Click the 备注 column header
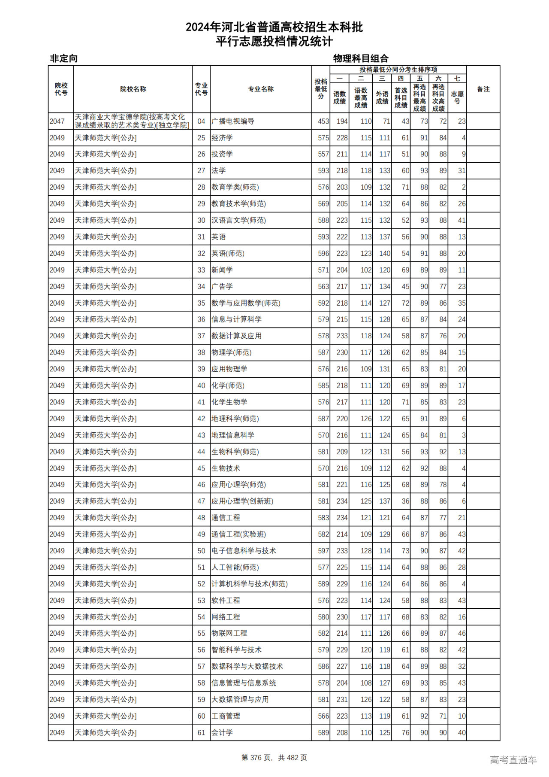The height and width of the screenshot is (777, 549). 483,89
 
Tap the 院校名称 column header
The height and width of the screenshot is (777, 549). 133,89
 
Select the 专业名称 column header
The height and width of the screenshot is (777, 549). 260,89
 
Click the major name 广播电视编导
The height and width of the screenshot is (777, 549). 233,121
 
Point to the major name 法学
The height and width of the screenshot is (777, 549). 218,171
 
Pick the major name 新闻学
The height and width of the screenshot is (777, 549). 222,270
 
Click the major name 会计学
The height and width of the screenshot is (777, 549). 222,733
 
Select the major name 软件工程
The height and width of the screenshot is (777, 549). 226,601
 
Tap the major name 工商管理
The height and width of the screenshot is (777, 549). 226,716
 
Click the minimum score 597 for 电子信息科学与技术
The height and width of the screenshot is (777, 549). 323,551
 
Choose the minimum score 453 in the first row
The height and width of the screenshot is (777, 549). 323,121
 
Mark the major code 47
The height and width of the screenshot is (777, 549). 201,501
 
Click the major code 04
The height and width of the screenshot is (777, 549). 201,121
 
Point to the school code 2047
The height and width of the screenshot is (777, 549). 57,121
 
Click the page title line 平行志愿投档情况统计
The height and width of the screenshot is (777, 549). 274,42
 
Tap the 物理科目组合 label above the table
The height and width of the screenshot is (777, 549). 361,58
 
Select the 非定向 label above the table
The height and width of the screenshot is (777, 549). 64,58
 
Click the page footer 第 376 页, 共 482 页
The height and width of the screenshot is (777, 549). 274,758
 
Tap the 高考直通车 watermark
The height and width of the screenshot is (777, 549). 513,760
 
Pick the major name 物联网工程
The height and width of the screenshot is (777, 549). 229,634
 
